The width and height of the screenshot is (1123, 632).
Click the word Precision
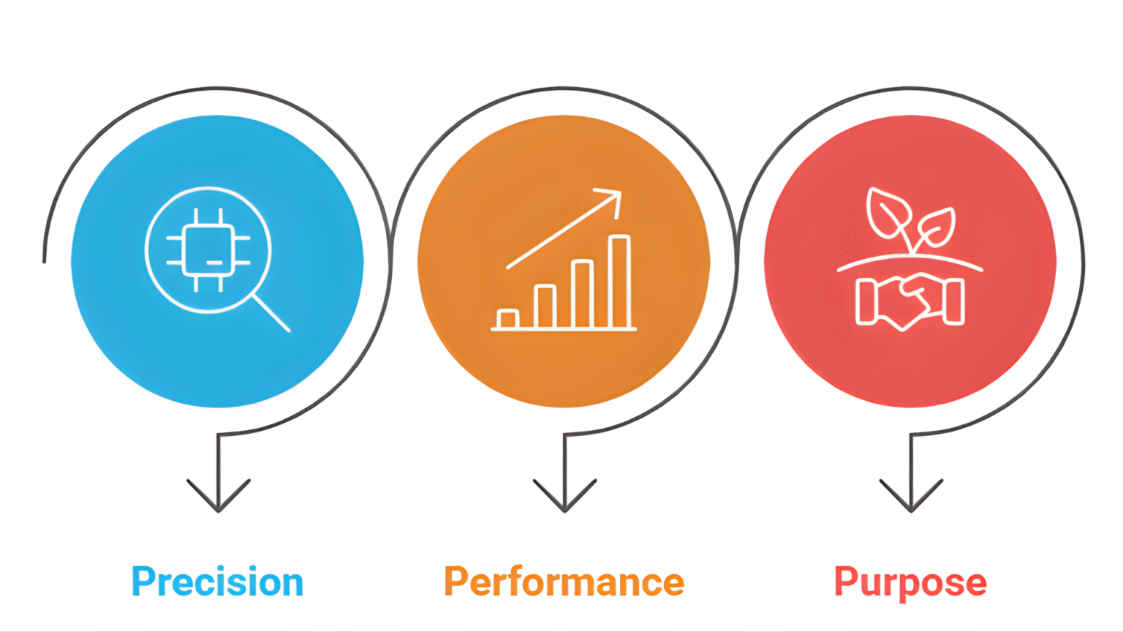[x=217, y=582]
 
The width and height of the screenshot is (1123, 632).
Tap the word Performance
[x=564, y=582]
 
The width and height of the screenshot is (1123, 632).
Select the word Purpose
[x=910, y=582]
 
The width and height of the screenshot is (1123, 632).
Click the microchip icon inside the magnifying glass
[x=208, y=249]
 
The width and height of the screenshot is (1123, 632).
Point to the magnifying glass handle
[x=271, y=313]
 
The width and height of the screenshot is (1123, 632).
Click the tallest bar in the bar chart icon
[x=619, y=282]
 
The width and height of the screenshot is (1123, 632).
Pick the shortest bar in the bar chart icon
[x=507, y=319]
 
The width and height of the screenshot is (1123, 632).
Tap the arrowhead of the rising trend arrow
[x=613, y=198]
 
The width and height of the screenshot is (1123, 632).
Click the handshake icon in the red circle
[x=910, y=300]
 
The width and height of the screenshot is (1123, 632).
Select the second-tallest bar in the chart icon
[x=582, y=294]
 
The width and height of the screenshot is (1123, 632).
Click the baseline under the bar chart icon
[x=564, y=329]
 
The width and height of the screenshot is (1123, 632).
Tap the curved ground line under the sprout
[x=910, y=260]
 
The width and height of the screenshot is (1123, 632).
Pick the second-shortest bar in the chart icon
[x=545, y=306]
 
